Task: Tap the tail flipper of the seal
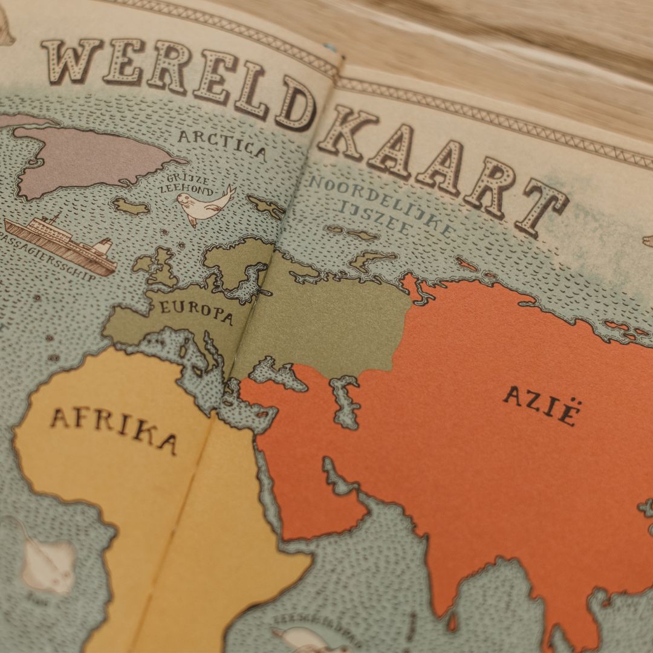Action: pos(229,192)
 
